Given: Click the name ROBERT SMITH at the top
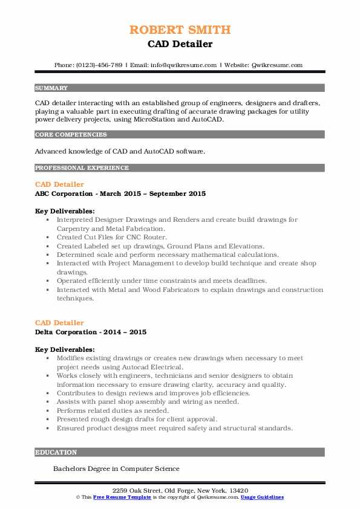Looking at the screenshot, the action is [x=180, y=30].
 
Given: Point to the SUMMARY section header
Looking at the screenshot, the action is [x=51, y=88].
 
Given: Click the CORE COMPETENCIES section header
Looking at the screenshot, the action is [x=67, y=134].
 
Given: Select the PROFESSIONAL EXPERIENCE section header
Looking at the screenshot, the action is [x=82, y=167].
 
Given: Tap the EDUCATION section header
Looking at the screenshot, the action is [x=56, y=452].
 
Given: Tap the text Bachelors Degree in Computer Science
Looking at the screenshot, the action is [x=116, y=468].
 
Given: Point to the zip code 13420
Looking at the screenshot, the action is [x=238, y=490].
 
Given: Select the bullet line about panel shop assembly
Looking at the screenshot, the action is [x=148, y=401].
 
